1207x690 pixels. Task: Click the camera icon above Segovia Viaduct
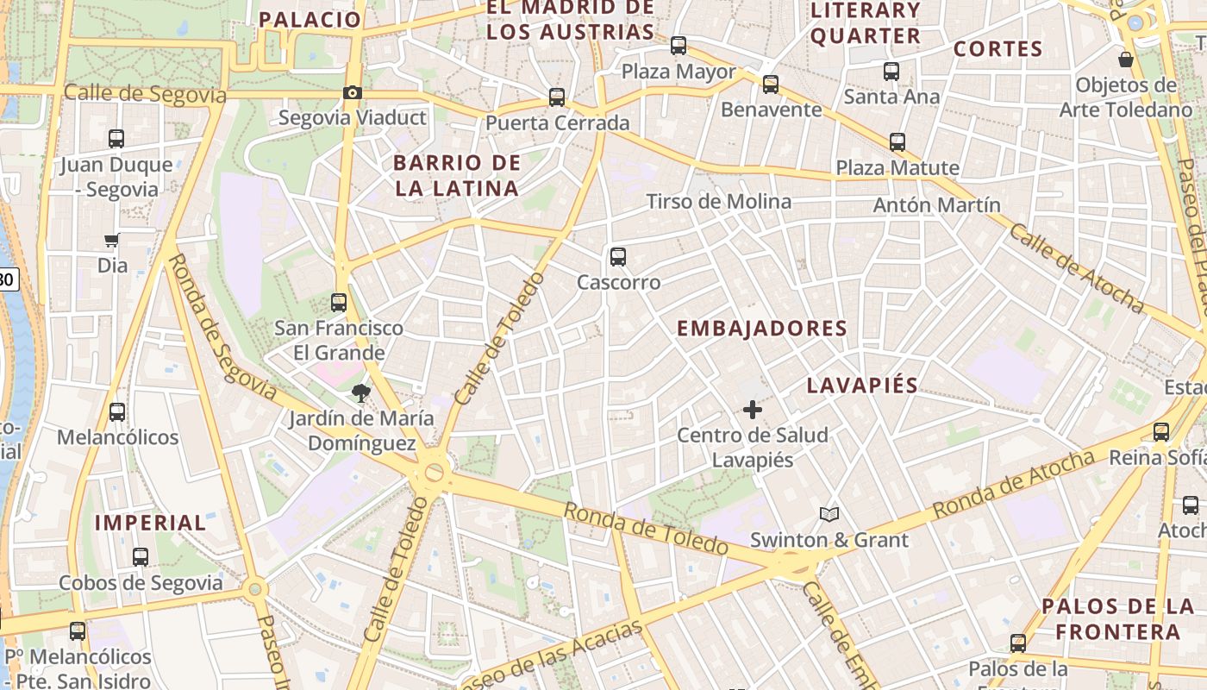[x=352, y=93]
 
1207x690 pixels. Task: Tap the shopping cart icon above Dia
[x=111, y=241]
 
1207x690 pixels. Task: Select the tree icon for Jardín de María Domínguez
[x=361, y=393]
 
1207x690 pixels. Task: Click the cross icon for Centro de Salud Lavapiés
[x=753, y=410]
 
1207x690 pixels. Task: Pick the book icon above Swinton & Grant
[x=829, y=515]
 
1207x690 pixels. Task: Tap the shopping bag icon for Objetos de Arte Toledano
[x=1126, y=60]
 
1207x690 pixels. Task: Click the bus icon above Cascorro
[x=617, y=256]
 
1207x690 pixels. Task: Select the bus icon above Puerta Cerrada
[x=557, y=97]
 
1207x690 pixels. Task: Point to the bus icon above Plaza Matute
[x=897, y=142]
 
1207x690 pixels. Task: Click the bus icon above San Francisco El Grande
[x=339, y=303]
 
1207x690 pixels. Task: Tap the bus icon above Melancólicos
[x=117, y=412]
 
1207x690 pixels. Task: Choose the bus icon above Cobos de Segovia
[x=141, y=557]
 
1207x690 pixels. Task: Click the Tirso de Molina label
[x=718, y=202]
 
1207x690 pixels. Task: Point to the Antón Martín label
[x=936, y=205]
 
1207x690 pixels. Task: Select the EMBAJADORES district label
[x=762, y=329]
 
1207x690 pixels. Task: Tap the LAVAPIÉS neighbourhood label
[x=862, y=386]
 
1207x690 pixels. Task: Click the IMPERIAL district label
[x=150, y=523]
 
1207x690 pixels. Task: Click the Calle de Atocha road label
[x=1077, y=268]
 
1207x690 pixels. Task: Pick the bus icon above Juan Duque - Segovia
[x=116, y=138]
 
